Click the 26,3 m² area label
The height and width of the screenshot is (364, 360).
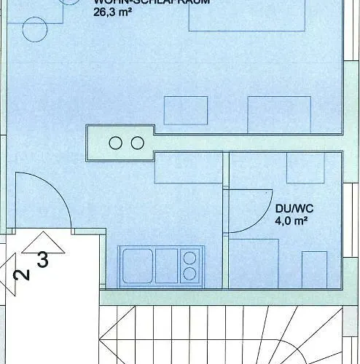tap(111, 12)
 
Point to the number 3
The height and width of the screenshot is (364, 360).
tap(43, 260)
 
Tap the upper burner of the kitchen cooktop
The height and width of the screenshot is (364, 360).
tap(192, 256)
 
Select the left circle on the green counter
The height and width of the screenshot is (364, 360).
tap(115, 143)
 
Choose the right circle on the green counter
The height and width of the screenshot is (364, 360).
tap(136, 143)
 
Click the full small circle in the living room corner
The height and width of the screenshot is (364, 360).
tap(34, 29)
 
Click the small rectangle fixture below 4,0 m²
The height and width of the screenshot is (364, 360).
tap(314, 269)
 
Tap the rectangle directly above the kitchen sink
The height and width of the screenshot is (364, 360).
tap(188, 168)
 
